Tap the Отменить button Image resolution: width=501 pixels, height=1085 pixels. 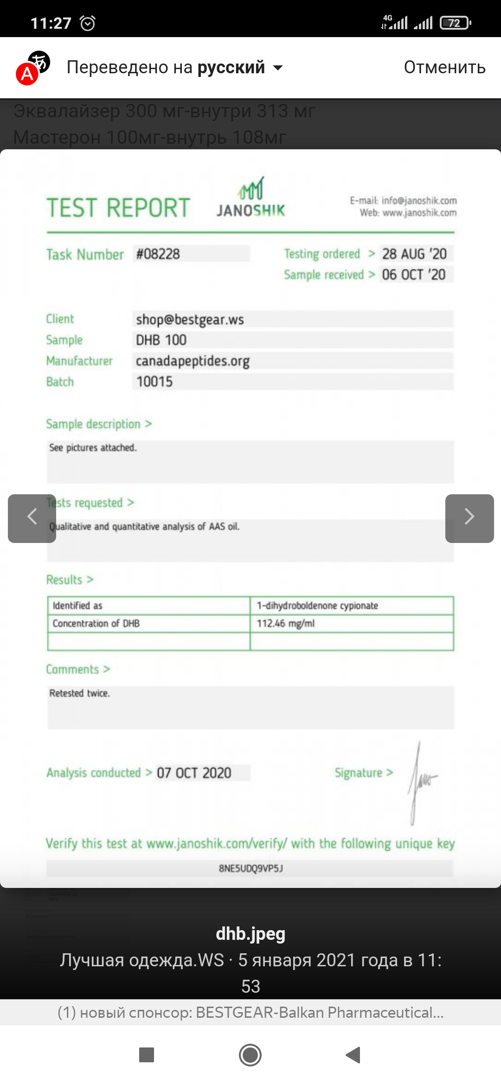(444, 68)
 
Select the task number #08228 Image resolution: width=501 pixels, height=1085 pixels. (158, 254)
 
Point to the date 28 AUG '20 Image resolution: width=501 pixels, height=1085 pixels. (414, 254)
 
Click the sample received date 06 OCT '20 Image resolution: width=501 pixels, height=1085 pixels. (414, 274)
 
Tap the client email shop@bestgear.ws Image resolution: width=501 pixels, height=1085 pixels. (190, 319)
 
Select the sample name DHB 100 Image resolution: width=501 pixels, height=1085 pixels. (161, 340)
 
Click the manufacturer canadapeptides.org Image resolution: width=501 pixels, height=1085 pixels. (193, 361)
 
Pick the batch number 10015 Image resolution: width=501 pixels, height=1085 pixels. (154, 382)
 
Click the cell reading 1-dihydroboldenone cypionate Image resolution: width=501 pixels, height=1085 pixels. (318, 606)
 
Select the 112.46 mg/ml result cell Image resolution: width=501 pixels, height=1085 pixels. (286, 624)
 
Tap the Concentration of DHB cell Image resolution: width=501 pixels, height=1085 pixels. (96, 624)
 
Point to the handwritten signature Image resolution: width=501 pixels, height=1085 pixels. (421, 781)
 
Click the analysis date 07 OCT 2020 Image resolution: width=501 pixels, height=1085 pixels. (194, 773)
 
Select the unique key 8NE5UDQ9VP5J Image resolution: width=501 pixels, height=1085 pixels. (250, 868)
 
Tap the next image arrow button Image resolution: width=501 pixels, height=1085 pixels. (469, 518)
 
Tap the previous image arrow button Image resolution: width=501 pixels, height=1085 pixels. (32, 518)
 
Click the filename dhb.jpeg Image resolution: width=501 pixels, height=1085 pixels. (250, 933)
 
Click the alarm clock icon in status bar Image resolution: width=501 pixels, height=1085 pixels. (88, 23)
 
